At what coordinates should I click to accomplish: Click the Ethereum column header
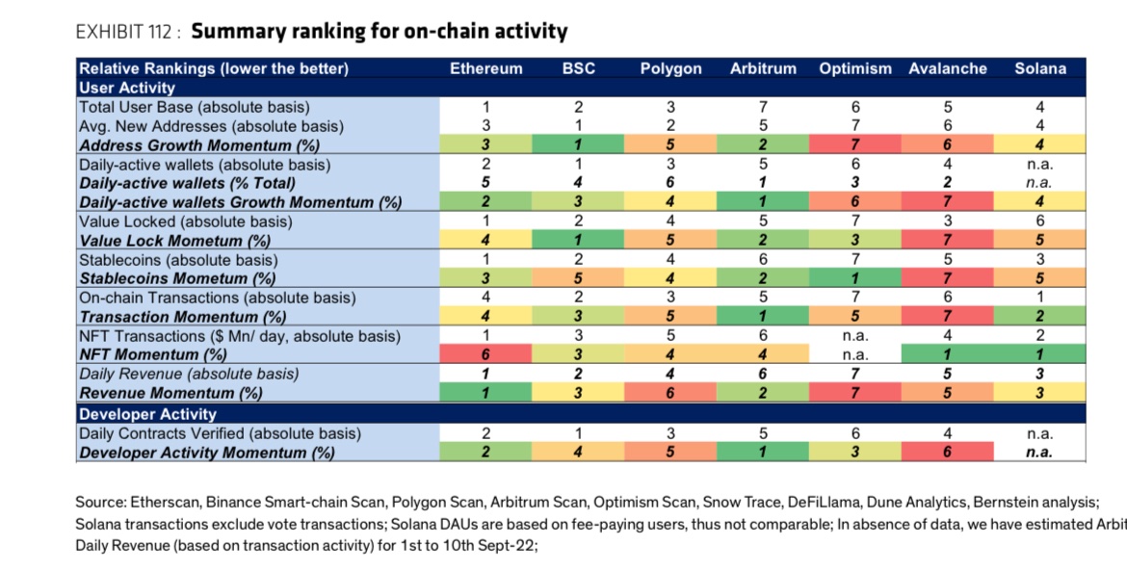tap(486, 68)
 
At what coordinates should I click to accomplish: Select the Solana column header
tap(1040, 68)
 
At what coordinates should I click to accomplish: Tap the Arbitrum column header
tap(763, 68)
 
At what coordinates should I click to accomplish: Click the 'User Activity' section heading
tap(125, 88)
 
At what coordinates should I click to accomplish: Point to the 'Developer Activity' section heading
tap(147, 414)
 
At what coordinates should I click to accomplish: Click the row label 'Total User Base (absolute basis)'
tap(195, 107)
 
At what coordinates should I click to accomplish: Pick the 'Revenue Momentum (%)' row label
tap(170, 393)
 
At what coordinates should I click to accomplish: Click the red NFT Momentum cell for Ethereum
tap(486, 354)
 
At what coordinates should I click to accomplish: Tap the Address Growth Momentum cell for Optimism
tap(855, 145)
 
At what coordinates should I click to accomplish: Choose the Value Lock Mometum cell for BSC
tap(579, 241)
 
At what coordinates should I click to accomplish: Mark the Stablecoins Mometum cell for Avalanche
tap(948, 279)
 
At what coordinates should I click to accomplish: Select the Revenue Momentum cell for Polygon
tap(670, 393)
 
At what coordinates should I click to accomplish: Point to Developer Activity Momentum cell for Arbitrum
tap(763, 453)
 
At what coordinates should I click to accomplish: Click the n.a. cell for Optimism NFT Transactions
tap(855, 336)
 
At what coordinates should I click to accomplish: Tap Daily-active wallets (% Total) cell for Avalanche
tap(948, 183)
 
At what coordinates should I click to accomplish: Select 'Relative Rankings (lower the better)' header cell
tap(213, 68)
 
